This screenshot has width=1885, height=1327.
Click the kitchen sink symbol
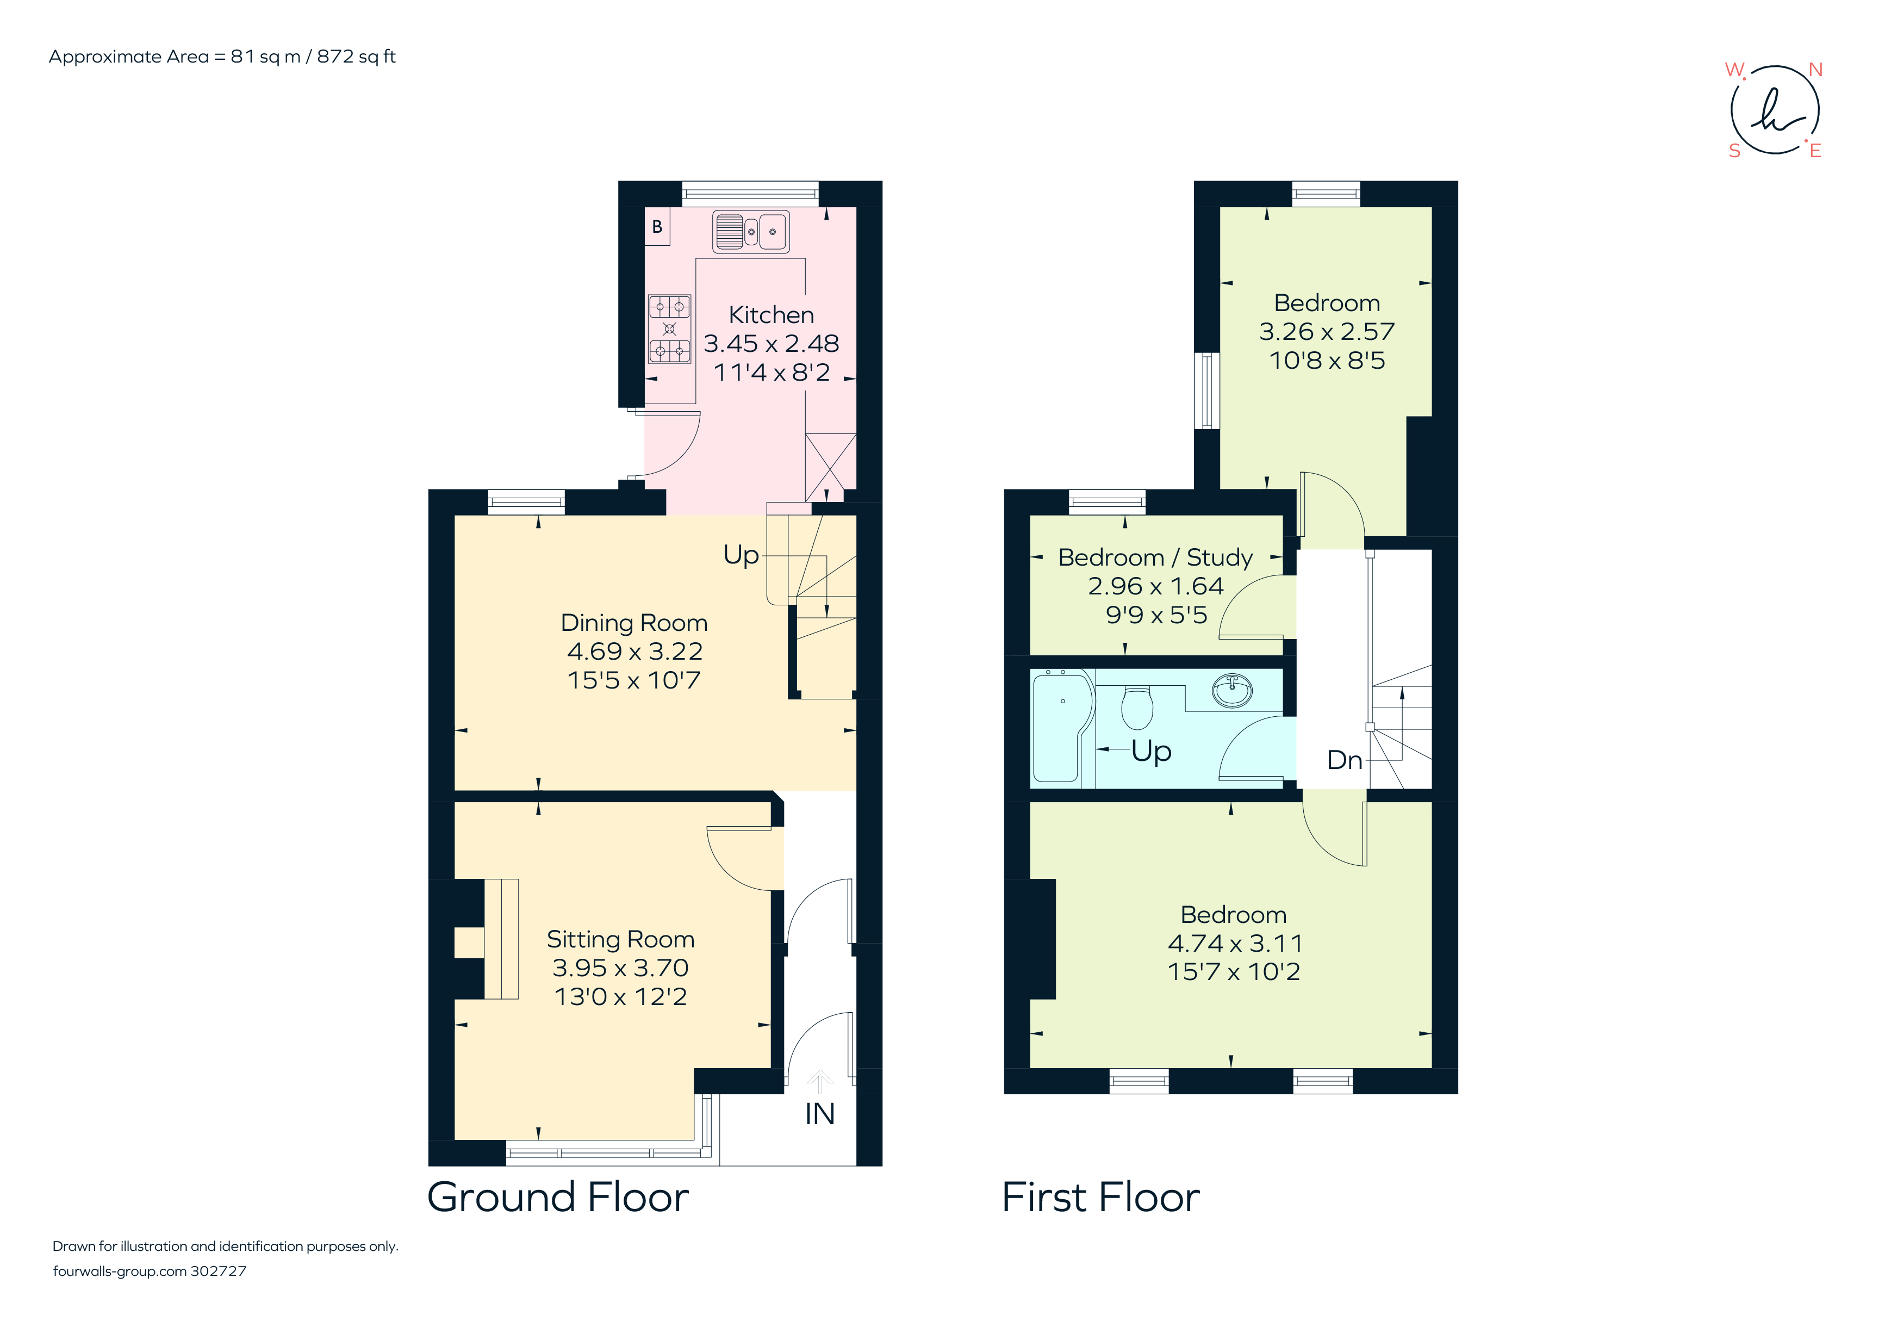pyautogui.click(x=750, y=232)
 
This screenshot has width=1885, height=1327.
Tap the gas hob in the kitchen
pyautogui.click(x=669, y=328)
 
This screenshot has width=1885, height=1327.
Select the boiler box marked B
pyautogui.click(x=657, y=227)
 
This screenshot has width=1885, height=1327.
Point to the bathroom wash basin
pyautogui.click(x=1231, y=691)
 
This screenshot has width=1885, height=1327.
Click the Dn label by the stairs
pyautogui.click(x=1344, y=760)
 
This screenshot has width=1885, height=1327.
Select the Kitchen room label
pyautogui.click(x=771, y=314)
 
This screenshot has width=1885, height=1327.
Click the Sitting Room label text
pyautogui.click(x=621, y=939)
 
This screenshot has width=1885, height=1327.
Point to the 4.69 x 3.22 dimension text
pyautogui.click(x=634, y=651)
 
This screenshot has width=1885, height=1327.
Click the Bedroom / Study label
pyautogui.click(x=1155, y=557)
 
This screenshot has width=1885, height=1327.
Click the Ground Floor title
pyautogui.click(x=557, y=1196)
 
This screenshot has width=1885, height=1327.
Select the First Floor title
pyautogui.click(x=1100, y=1196)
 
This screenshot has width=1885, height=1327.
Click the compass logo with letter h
pyautogui.click(x=1774, y=111)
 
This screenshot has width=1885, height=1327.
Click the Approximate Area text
pyautogui.click(x=222, y=57)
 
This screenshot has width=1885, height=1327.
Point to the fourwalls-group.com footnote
pyautogui.click(x=150, y=1270)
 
